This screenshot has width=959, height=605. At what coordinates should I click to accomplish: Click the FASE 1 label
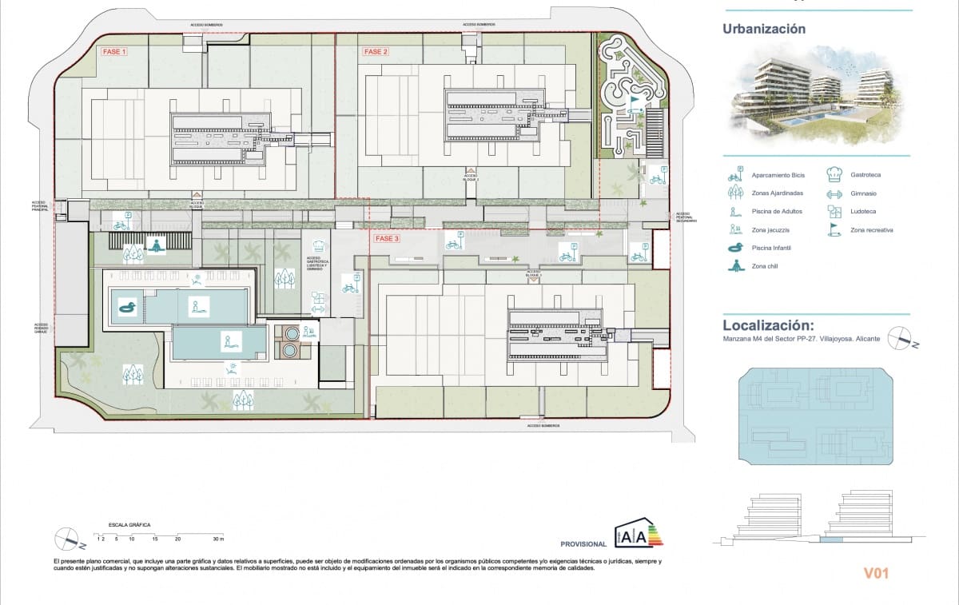114,51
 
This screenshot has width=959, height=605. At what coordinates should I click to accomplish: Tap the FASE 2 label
376,52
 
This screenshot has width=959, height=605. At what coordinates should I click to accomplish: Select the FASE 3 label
387,239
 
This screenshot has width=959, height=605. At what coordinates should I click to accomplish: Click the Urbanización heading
764,30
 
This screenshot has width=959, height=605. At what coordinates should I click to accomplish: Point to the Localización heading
768,325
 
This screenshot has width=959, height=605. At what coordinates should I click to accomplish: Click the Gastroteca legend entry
866,174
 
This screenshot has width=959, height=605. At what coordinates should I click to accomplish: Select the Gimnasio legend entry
865,193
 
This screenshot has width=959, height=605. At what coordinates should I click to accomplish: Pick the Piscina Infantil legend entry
771,248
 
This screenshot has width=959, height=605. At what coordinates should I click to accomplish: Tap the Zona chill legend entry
766,266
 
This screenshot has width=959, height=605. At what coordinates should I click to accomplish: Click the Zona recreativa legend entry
872,230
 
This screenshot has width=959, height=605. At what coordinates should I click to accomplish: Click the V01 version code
876,573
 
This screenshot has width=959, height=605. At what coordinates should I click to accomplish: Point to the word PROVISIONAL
583,544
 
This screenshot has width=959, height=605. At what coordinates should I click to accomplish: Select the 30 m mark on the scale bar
218,540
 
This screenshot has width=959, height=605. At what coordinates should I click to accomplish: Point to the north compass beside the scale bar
68,540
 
